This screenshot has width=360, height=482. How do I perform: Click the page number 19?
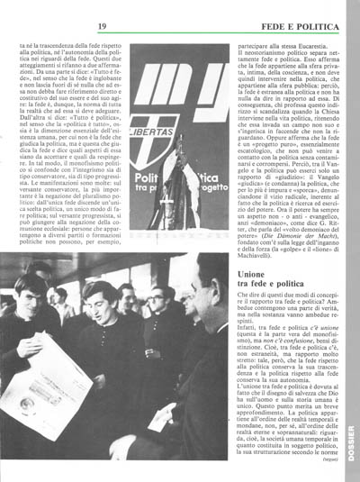pyautogui.click(x=103, y=14)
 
